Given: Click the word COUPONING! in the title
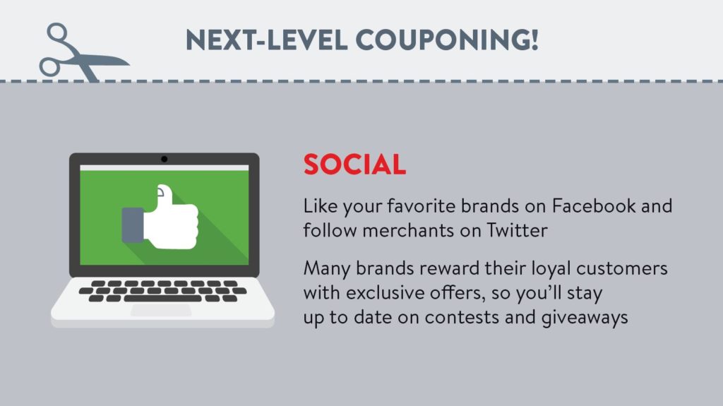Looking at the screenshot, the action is point(447,40).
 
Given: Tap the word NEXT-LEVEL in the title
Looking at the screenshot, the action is point(266,40).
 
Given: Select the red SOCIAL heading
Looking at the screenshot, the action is point(354,165).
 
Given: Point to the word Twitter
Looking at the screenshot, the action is point(518,229).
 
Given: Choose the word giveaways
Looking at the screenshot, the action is point(584,318).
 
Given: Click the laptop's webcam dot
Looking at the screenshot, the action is point(164,159).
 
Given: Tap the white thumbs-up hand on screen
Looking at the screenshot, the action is point(172,220).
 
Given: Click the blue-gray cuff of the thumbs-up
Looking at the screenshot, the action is point(133,225).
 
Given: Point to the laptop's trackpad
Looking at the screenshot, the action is point(161,311).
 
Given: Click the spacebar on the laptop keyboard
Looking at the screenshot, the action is point(162,299).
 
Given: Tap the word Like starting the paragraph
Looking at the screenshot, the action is point(320,205).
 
